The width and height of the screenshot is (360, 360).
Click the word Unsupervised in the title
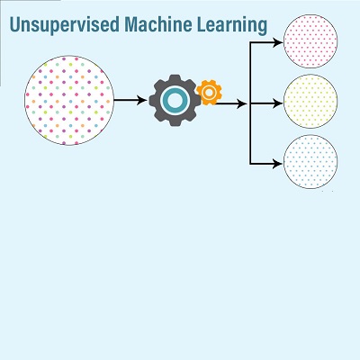[65, 25]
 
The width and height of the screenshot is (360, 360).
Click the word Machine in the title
[158, 24]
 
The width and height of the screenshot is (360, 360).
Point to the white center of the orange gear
[209, 93]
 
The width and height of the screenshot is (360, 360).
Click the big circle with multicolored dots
[69, 100]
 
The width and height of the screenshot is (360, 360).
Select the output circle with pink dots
[310, 41]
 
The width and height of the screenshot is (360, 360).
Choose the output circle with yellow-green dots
[310, 102]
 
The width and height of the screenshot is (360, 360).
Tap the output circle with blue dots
[310, 162]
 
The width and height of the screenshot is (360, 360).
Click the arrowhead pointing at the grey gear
[142, 100]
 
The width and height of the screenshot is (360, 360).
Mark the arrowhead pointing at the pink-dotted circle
[278, 42]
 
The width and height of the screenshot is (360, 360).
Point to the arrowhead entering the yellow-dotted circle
[278, 103]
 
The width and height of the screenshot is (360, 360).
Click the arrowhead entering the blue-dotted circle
[278, 164]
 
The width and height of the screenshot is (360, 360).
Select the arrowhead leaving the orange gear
[242, 103]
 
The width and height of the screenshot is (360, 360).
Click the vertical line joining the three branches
[250, 103]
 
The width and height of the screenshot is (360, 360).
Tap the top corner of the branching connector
[250, 42]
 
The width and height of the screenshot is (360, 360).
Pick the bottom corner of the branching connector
[250, 164]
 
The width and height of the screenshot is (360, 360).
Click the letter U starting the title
[14, 24]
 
